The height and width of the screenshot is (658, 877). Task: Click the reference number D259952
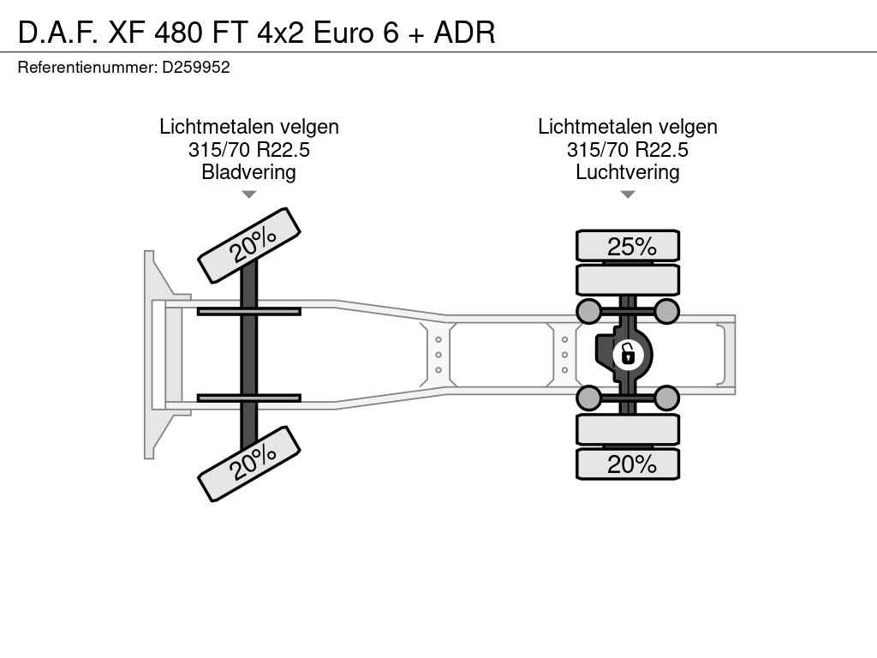click(x=196, y=67)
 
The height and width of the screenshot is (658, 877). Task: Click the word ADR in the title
click(x=465, y=33)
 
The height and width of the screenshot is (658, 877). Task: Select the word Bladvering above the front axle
click(x=248, y=171)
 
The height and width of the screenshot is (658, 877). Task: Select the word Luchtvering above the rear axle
click(x=628, y=171)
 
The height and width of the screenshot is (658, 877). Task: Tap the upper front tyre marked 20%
click(x=249, y=245)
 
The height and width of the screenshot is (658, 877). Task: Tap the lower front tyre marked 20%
click(x=249, y=464)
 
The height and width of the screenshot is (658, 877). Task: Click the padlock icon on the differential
click(x=628, y=355)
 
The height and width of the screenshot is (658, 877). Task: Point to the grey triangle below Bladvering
click(x=249, y=194)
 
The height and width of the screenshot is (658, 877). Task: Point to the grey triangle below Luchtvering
click(x=628, y=194)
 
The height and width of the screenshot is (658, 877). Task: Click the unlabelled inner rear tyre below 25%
click(x=628, y=280)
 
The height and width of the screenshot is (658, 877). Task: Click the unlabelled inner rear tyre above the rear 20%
click(x=628, y=430)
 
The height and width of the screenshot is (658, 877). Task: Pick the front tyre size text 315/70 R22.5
click(x=249, y=149)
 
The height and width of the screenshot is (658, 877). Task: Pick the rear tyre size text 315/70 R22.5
click(x=628, y=149)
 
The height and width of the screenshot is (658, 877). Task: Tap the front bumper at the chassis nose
click(x=150, y=355)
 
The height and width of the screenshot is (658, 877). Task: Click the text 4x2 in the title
click(x=281, y=33)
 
